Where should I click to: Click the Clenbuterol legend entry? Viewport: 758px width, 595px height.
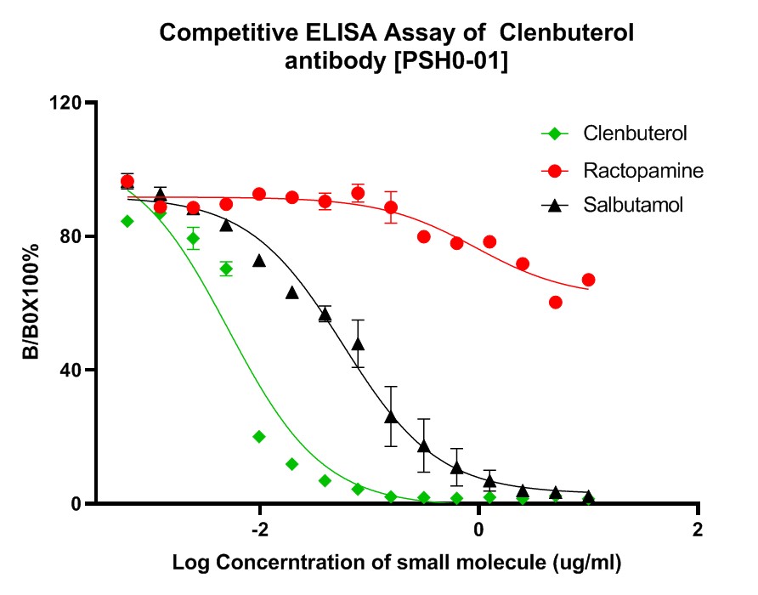635,133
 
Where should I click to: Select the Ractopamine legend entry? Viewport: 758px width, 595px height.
643,171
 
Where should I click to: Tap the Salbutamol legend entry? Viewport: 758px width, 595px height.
633,205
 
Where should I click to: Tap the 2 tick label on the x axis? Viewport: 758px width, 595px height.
698,530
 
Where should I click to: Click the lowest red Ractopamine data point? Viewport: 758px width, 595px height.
556,302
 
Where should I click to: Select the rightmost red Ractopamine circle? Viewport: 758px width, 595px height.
588,280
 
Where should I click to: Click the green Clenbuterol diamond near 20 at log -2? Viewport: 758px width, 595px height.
259,436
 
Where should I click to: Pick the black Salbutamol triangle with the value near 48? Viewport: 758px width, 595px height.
358,343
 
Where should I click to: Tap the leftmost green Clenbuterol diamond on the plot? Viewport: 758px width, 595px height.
127,221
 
